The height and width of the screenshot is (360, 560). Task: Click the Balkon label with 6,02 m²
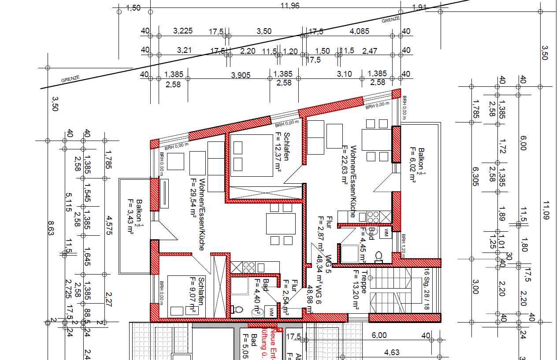pyautogui.click(x=417, y=171)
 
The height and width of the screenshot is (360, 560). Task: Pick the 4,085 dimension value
pyautogui.click(x=359, y=31)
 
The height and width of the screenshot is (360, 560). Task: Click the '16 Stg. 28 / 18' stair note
pyautogui.click(x=426, y=289)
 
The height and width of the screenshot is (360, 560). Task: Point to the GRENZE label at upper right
pyautogui.click(x=391, y=19)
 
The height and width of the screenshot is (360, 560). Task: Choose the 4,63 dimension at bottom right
pyautogui.click(x=392, y=353)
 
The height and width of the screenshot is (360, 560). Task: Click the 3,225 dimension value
pyautogui.click(x=183, y=31)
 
